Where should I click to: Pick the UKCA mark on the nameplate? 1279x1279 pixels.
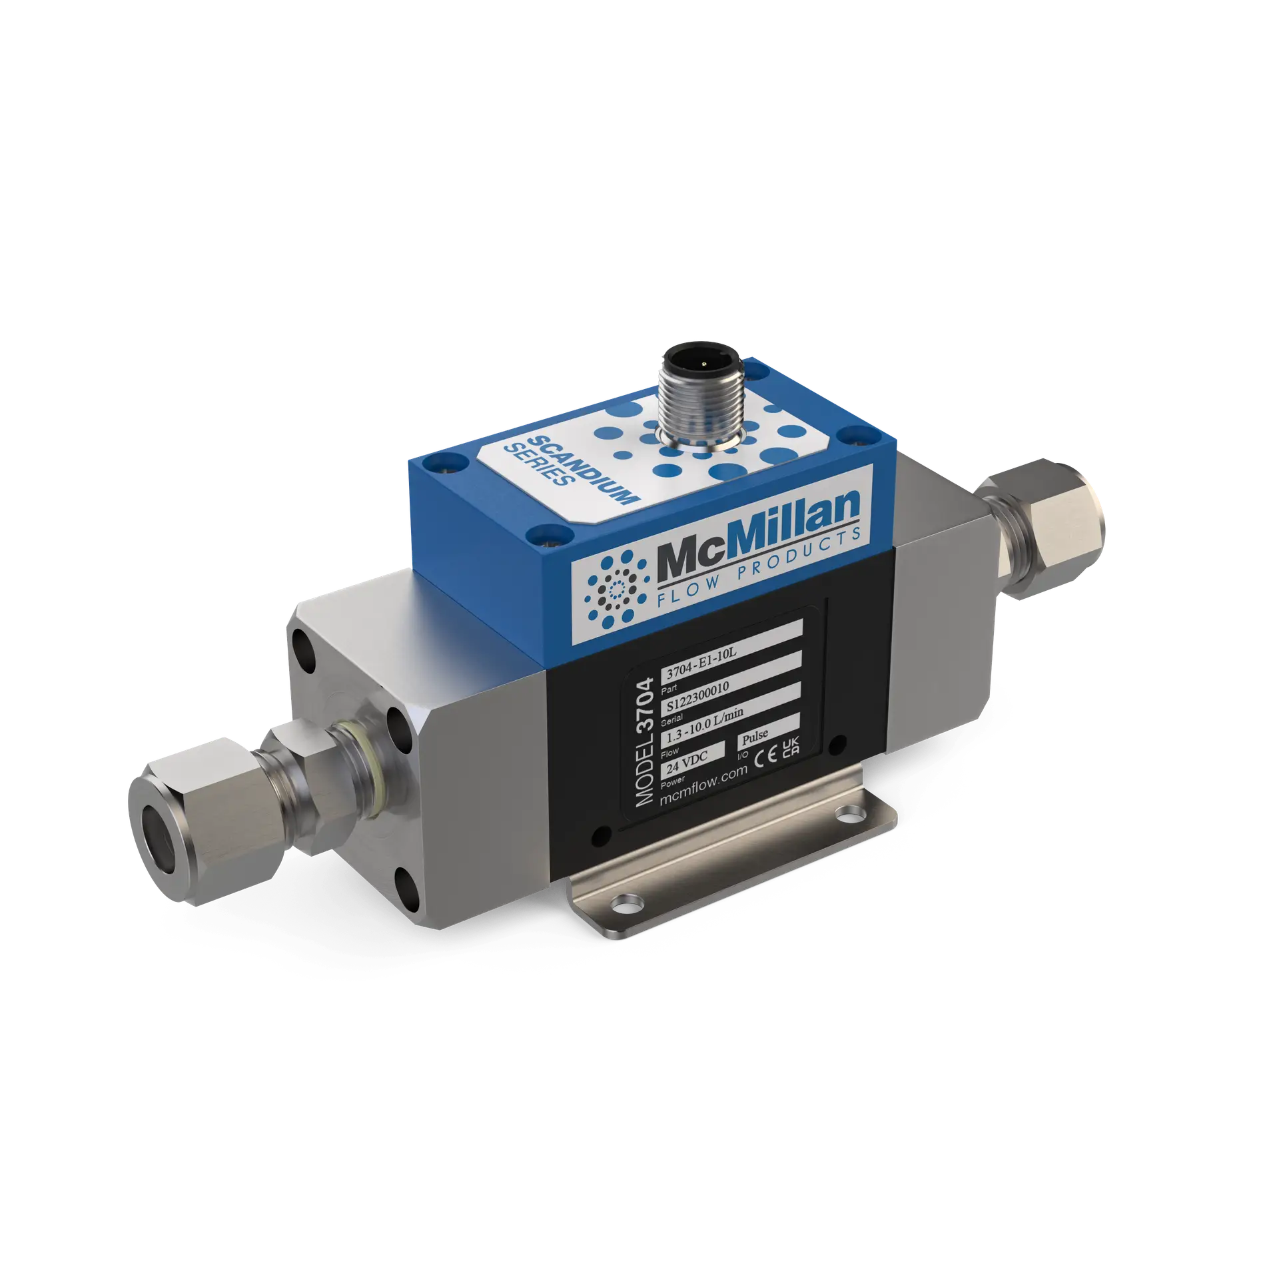pos(790,743)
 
